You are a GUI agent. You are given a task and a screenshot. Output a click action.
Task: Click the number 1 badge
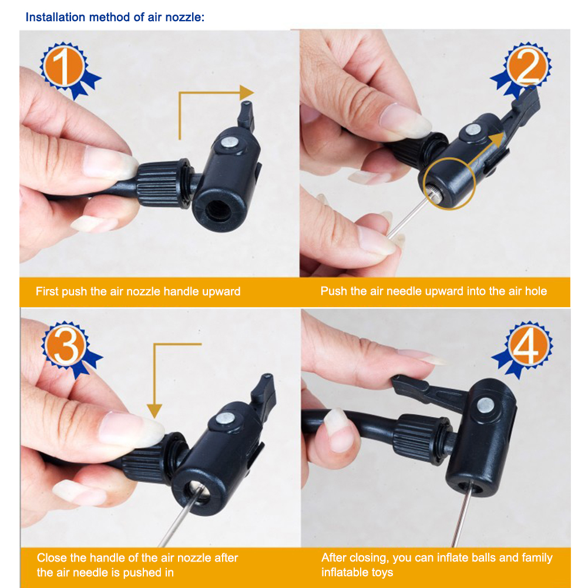pos(63,67)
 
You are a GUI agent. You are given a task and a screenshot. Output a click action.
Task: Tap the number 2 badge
pos(527,68)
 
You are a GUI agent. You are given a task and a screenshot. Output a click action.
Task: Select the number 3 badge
pos(65,347)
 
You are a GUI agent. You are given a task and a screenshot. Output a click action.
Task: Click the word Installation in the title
pos(56,16)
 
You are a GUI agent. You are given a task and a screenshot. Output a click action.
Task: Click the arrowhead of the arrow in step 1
pos(247,92)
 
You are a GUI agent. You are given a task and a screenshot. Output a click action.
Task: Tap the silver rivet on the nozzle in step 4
pos(485,404)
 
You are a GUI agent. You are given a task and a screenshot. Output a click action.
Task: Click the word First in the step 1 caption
pos(46,291)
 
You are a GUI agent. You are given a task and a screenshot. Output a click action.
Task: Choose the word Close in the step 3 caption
pos(51,558)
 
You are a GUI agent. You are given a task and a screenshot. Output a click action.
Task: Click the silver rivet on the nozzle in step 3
pos(224,418)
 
